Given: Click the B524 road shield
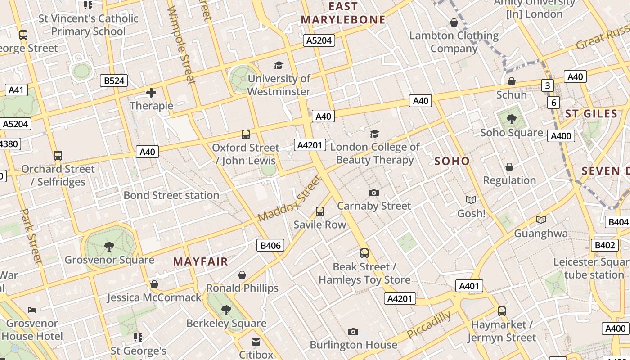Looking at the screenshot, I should click(x=113, y=81).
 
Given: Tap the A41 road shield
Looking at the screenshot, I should click(x=16, y=90).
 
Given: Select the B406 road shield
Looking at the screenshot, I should click(x=270, y=245).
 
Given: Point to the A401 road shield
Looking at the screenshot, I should click(x=469, y=286).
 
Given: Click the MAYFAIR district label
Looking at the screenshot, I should click(x=201, y=261).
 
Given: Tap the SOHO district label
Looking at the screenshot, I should click(x=452, y=161).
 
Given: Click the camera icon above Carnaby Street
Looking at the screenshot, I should click(x=373, y=193).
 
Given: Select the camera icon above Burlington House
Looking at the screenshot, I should click(x=353, y=332).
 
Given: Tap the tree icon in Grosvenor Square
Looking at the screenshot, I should click(x=109, y=246).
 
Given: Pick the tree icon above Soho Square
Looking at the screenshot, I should click(x=511, y=119).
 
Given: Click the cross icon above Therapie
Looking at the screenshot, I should click(x=151, y=93).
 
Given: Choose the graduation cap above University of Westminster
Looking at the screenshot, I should click(x=279, y=66).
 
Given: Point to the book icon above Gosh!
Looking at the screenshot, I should click(x=471, y=200).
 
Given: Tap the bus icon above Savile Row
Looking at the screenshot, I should click(x=320, y=211).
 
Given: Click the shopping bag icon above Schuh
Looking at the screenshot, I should click(x=511, y=81).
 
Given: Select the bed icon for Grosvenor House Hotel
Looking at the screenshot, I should click(x=32, y=310).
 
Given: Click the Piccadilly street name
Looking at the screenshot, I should click(x=428, y=324).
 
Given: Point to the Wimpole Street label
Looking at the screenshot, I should click(x=181, y=45).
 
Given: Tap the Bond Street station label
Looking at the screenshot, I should click(x=171, y=195).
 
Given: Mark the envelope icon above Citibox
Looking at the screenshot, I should click(x=256, y=342).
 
